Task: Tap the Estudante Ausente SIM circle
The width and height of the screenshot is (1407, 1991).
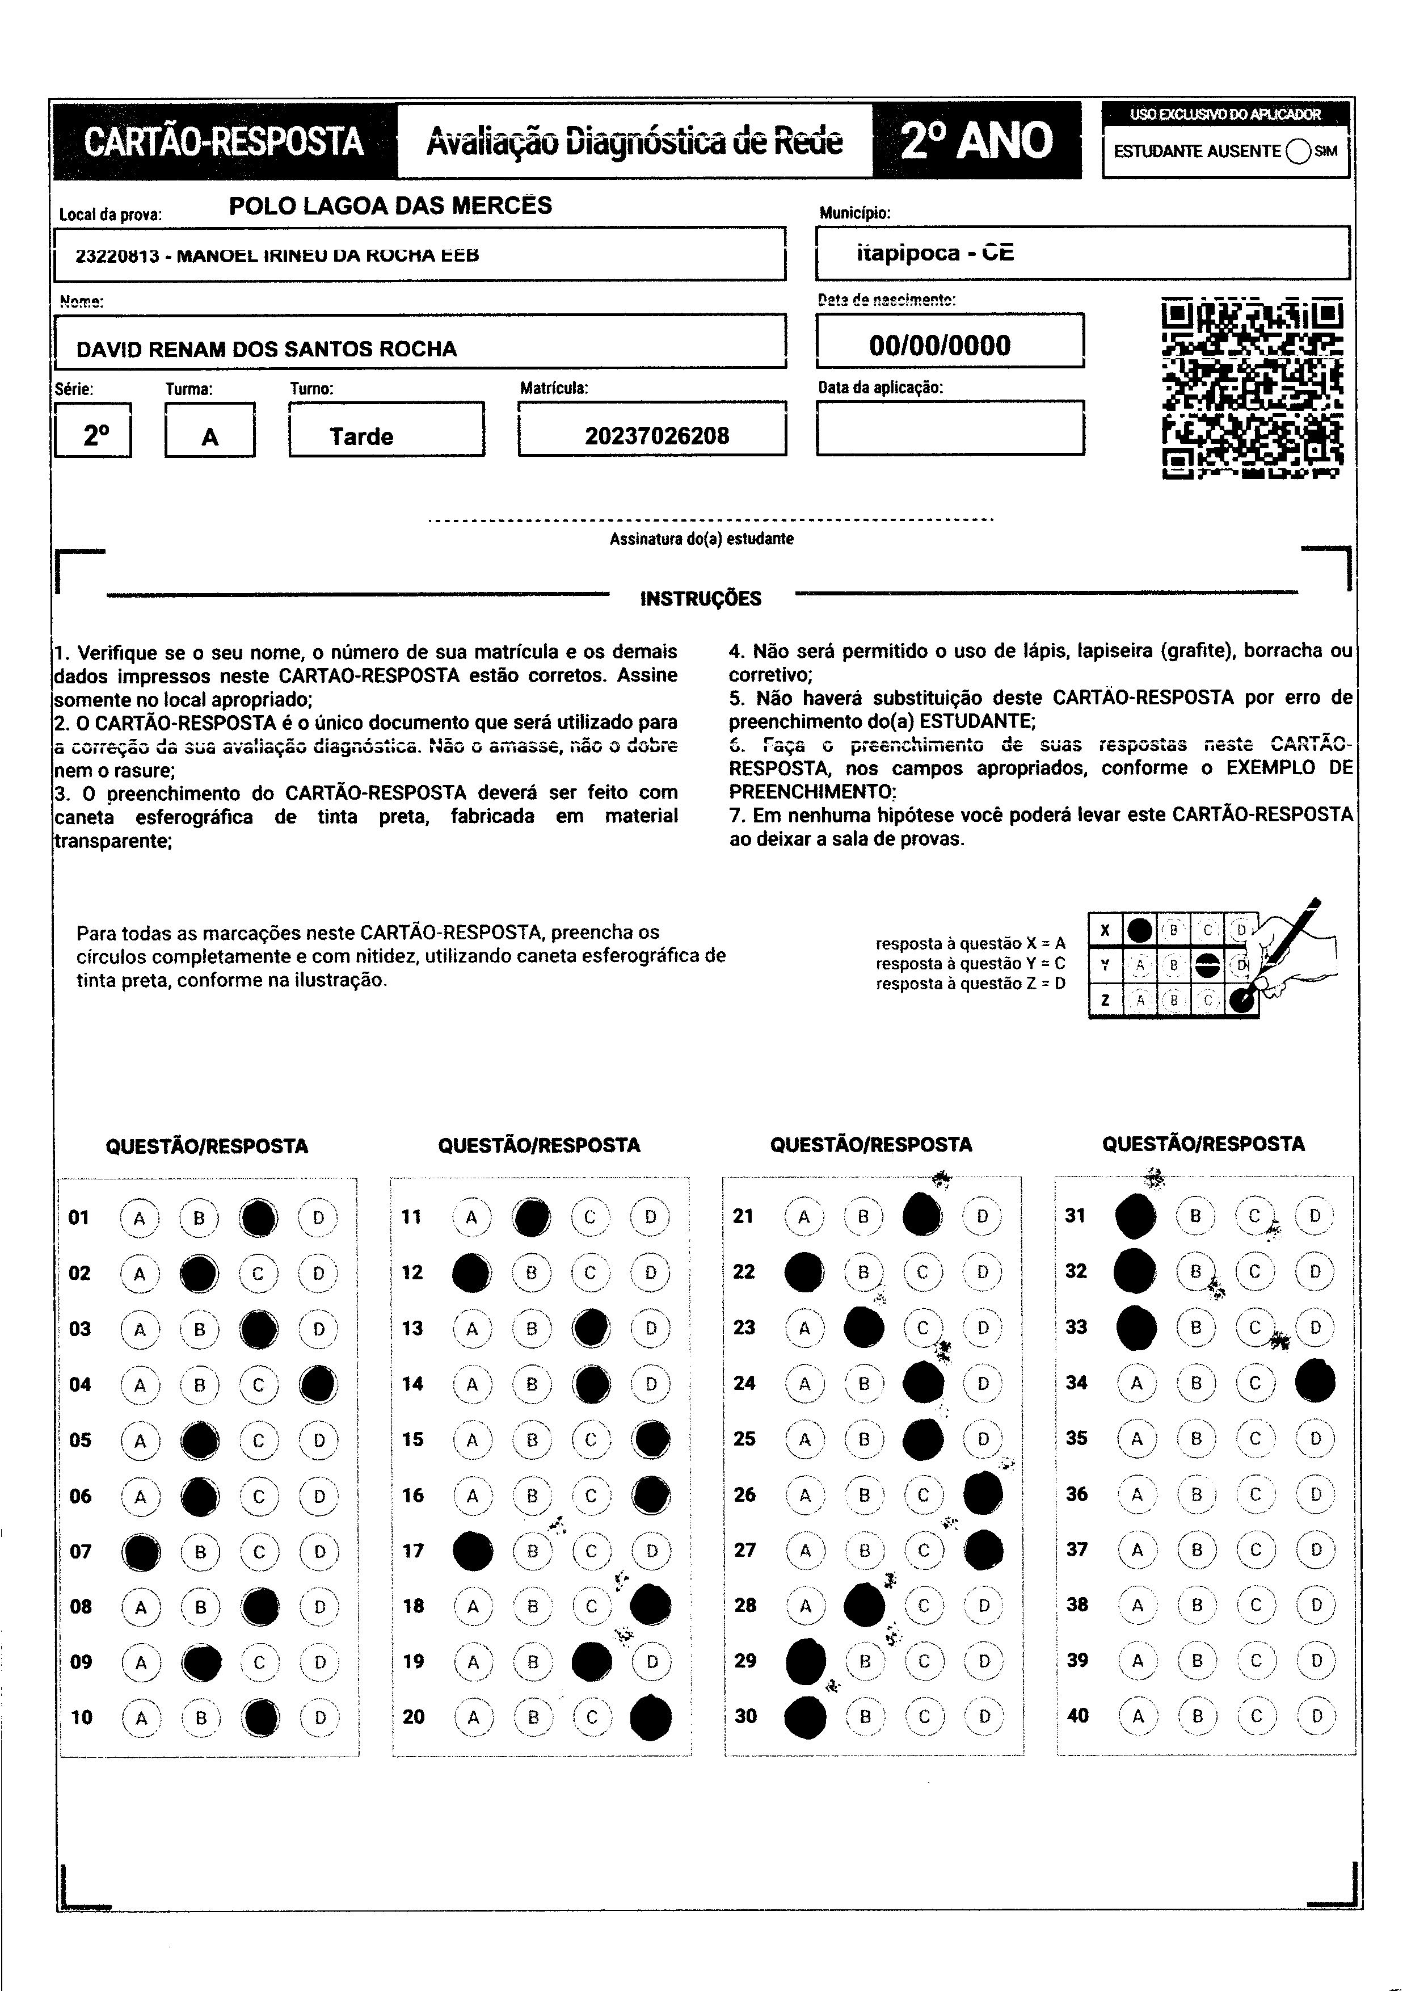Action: click(1298, 151)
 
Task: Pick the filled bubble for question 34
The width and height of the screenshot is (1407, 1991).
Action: click(1315, 1382)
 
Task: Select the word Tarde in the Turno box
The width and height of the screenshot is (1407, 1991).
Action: click(361, 436)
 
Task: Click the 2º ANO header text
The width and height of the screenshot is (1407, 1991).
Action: click(977, 141)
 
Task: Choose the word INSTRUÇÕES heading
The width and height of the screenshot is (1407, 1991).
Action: click(701, 598)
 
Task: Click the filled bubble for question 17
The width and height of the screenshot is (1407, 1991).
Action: click(473, 1551)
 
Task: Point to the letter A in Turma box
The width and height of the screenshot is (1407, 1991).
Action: click(210, 437)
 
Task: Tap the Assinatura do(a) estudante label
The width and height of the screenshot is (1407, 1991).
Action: click(701, 539)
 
